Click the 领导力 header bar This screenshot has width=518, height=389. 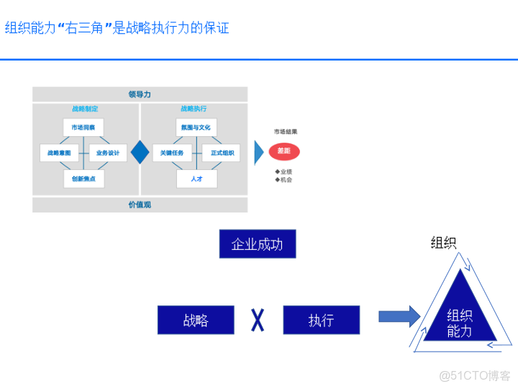[x=140, y=94]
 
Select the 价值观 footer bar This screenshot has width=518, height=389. [x=140, y=205]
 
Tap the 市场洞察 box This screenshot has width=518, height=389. [x=83, y=128]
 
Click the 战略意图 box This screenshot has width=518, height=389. [x=59, y=153]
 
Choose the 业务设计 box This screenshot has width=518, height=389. [x=108, y=153]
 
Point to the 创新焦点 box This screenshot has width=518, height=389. [x=83, y=178]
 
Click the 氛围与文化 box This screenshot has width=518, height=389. [x=196, y=128]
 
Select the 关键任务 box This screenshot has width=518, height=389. [x=172, y=153]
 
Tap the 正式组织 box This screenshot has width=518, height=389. [x=221, y=153]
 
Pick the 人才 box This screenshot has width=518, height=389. [x=196, y=178]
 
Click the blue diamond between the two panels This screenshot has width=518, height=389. [x=140, y=152]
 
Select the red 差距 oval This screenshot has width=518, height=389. [x=284, y=151]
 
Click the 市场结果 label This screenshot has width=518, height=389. [x=285, y=132]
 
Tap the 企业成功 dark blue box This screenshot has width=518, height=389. [x=257, y=244]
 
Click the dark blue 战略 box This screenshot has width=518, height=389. [x=196, y=320]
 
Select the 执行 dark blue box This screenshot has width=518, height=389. [x=321, y=320]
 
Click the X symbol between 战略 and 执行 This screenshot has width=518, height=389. [x=258, y=320]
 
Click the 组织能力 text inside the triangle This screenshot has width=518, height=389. [x=460, y=323]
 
